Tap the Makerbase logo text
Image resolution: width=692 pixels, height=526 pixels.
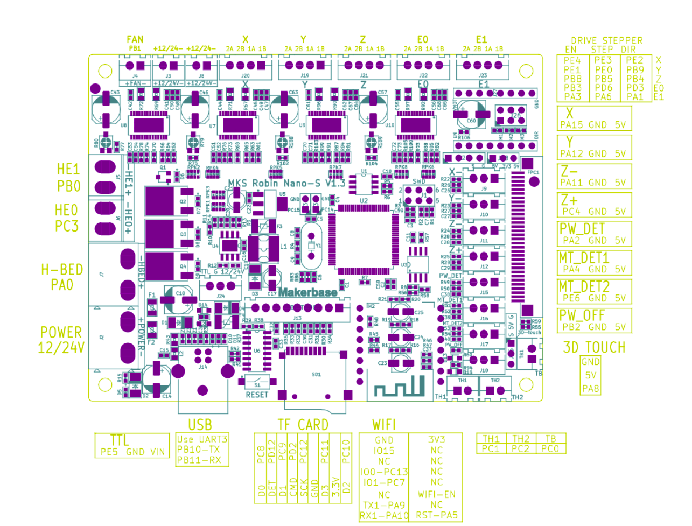pyautogui.click(x=308, y=292)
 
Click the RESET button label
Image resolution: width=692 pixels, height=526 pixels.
pyautogui.click(x=257, y=395)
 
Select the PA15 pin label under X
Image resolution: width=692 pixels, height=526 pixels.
pyautogui.click(x=571, y=125)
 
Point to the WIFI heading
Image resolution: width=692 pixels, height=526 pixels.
pyautogui.click(x=383, y=425)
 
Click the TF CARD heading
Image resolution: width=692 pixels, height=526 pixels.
pyautogui.click(x=303, y=425)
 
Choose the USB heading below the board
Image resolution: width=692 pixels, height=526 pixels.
pyautogui.click(x=200, y=425)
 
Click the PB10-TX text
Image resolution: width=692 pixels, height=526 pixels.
pyautogui.click(x=198, y=450)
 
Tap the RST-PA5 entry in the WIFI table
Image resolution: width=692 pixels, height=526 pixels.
pyautogui.click(x=437, y=515)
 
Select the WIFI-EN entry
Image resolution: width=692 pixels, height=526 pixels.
pyautogui.click(x=437, y=494)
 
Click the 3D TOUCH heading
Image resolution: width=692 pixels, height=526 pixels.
pyautogui.click(x=594, y=348)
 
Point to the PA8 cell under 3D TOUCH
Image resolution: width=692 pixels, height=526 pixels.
pyautogui.click(x=591, y=389)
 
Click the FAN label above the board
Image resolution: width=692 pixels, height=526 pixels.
pyautogui.click(x=135, y=39)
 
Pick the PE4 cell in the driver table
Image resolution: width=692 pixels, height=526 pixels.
pyautogui.click(x=572, y=60)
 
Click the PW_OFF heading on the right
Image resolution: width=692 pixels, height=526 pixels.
pyautogui.click(x=582, y=315)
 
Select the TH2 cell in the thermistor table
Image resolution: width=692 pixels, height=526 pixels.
pyautogui.click(x=521, y=439)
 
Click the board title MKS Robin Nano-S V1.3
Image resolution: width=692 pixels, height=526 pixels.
pyautogui.click(x=286, y=184)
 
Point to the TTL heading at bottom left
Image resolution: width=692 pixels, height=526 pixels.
pyautogui.click(x=119, y=440)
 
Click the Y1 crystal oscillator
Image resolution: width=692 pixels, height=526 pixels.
pyautogui.click(x=311, y=246)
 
